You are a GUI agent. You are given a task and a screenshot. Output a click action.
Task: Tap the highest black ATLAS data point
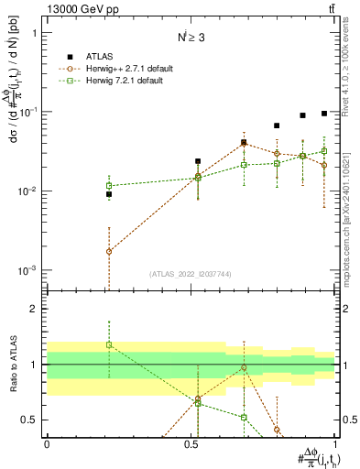click(x=324, y=114)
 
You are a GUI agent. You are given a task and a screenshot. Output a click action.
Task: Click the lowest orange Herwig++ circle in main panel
click(x=109, y=251)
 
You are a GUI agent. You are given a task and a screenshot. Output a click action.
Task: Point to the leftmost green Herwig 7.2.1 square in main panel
click(x=109, y=186)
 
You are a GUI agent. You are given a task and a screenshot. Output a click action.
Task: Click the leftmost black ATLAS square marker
click(x=109, y=194)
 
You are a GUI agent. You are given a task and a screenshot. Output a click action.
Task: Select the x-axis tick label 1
click(x=337, y=443)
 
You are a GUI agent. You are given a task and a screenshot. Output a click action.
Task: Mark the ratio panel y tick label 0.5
click(x=30, y=420)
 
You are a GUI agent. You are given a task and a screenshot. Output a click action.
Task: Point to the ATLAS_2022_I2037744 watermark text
click(x=191, y=274)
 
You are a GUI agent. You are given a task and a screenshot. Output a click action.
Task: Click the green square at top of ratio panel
click(x=109, y=344)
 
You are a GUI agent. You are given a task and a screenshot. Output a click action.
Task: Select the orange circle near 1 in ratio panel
click(x=245, y=367)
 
